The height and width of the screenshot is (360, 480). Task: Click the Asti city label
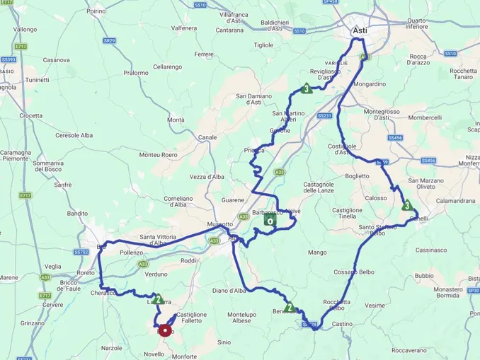click(360, 31)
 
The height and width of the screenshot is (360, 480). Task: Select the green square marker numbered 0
click(270, 219)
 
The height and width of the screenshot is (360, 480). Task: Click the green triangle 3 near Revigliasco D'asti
click(306, 88)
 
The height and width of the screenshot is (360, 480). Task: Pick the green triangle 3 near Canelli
click(407, 206)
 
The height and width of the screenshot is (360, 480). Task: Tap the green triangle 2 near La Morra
click(159, 298)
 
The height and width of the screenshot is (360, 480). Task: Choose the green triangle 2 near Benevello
click(290, 307)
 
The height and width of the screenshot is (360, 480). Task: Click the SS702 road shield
click(82, 252)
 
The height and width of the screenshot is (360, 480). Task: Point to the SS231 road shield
click(324, 116)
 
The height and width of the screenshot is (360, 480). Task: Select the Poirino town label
click(96, 11)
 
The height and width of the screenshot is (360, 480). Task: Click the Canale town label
click(207, 137)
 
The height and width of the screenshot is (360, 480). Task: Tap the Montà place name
click(176, 120)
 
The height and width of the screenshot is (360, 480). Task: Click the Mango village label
click(316, 252)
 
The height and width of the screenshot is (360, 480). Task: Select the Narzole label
click(112, 348)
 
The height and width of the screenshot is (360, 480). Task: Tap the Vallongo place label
click(25, 30)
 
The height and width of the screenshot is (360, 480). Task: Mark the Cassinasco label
click(431, 250)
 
